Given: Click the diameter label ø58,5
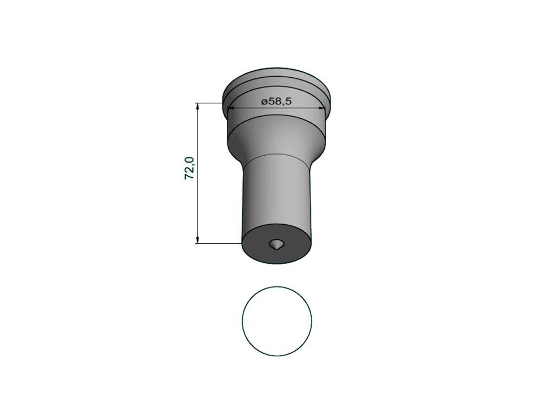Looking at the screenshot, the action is [x=276, y=102].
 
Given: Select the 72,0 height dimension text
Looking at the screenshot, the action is [x=190, y=168].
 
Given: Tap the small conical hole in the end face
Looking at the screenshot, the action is [x=276, y=244].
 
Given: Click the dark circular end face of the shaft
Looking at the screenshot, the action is [x=277, y=246].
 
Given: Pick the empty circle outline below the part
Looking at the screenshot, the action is [x=242, y=321].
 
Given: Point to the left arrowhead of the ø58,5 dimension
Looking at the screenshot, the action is [x=231, y=108].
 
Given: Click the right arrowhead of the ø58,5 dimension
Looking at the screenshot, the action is [x=321, y=108].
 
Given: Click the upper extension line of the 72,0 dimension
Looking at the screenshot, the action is [x=209, y=103].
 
